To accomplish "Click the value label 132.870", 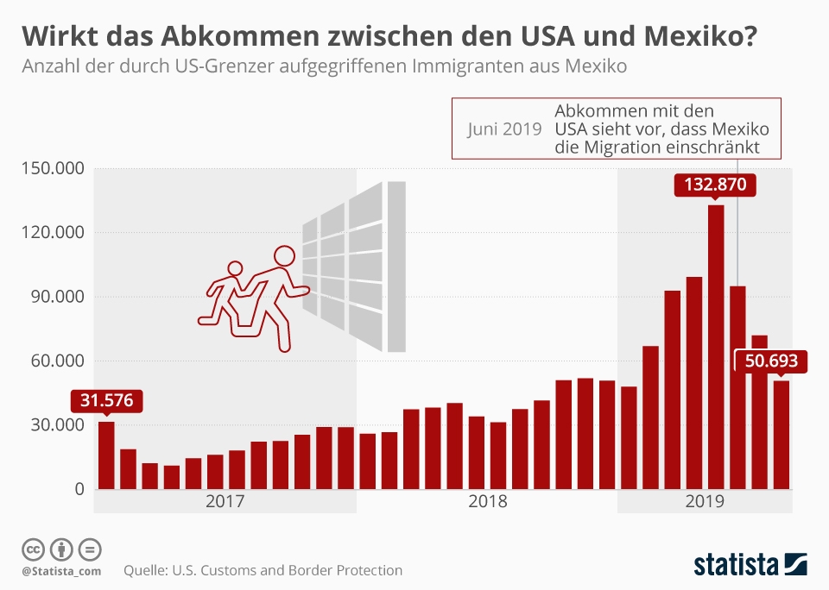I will (x=715, y=185).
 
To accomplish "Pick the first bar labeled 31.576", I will (x=106, y=455).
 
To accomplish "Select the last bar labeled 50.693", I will (x=781, y=435).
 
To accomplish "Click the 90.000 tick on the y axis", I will (x=54, y=297).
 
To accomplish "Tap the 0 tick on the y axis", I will (x=78, y=490).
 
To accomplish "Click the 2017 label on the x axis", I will (x=225, y=501).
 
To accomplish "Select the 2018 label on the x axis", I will (x=487, y=501).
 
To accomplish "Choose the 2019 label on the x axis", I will (x=705, y=501).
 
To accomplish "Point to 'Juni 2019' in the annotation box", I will (x=504, y=129).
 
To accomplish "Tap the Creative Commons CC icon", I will (x=33, y=549).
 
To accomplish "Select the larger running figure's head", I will (x=285, y=256).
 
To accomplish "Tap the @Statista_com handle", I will (x=61, y=571).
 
